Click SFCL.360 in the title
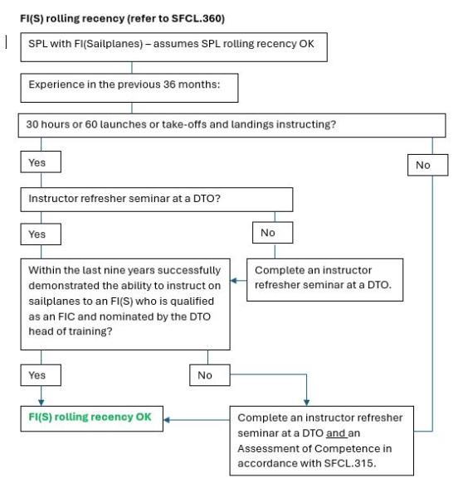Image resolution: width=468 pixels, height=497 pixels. click(x=198, y=18)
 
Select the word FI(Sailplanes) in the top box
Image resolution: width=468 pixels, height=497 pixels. click(x=109, y=43)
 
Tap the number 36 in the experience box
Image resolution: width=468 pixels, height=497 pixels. click(x=169, y=84)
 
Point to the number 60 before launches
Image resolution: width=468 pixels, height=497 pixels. click(x=90, y=124)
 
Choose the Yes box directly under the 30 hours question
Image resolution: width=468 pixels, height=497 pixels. click(x=41, y=162)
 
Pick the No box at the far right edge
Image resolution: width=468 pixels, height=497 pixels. click(x=427, y=165)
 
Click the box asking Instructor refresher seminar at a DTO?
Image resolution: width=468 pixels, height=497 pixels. click(x=157, y=200)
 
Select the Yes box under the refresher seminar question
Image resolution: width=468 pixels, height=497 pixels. click(x=41, y=234)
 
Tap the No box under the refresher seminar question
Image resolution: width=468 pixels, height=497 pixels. click(x=273, y=233)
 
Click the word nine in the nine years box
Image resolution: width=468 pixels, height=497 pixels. click(x=118, y=270)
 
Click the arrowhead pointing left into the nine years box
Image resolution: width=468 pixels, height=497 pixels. click(x=234, y=281)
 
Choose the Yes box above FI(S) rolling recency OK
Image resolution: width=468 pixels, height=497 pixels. click(x=41, y=375)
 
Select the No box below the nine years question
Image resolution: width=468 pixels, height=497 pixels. click(x=210, y=375)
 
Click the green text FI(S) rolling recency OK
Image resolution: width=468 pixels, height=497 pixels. click(x=90, y=417)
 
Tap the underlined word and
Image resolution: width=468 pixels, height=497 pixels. click(x=337, y=433)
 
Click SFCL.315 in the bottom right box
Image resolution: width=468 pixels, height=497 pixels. click(x=350, y=463)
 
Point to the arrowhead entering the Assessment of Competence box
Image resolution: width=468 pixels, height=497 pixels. click(x=306, y=403)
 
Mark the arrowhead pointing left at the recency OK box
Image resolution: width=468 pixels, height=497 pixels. click(x=167, y=420)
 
